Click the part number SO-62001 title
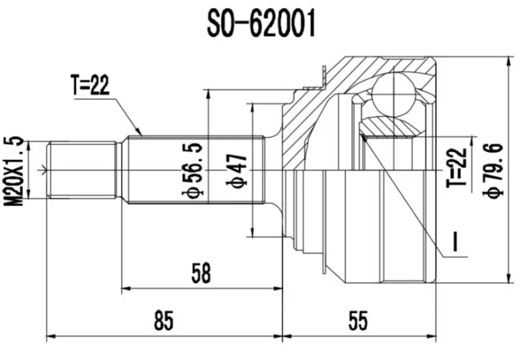pyautogui.click(x=260, y=25)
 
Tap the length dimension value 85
pyautogui.click(x=164, y=320)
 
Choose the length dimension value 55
pyautogui.click(x=357, y=320)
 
